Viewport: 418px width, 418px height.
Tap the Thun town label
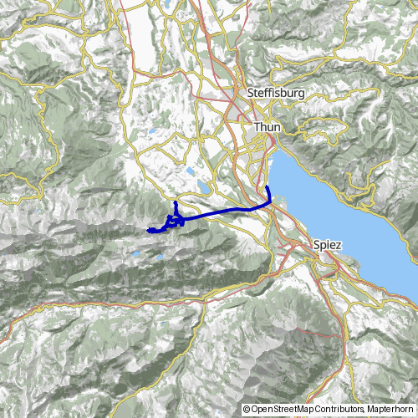268,127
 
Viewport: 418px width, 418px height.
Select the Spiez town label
327,246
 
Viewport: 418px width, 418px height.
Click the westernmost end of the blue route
148,230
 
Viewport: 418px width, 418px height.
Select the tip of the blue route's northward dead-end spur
175,202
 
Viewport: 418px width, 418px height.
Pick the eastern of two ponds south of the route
160,257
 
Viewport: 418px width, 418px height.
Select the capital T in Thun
257,127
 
